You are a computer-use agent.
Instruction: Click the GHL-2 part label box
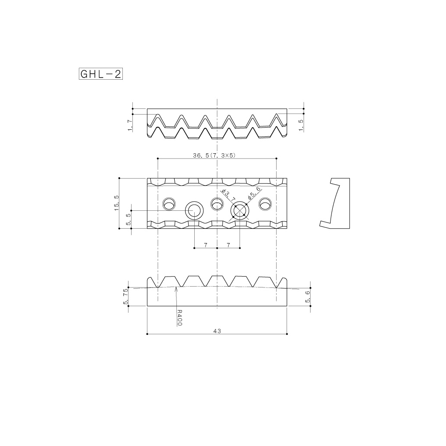point(100,74)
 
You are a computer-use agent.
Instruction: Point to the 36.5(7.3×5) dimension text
point(217,155)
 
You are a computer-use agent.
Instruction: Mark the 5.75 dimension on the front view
point(126,296)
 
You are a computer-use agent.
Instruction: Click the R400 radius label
point(179,318)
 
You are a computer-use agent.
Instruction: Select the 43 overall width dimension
point(217,331)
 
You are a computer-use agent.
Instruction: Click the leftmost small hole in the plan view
point(169,203)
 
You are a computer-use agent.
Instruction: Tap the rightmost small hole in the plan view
point(265,203)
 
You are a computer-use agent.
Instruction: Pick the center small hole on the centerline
point(217,203)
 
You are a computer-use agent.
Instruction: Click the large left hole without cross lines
point(194,211)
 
